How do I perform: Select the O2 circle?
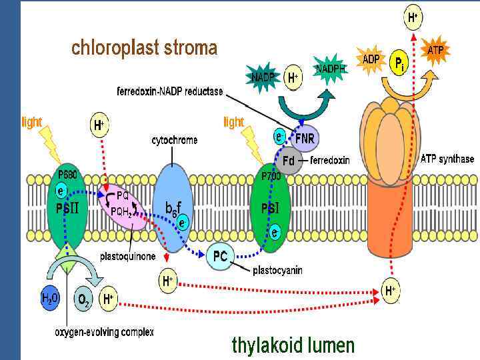tap(84, 301)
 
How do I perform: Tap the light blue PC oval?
tap(221, 255)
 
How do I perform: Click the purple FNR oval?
tap(303, 139)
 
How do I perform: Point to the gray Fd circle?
tap(289, 161)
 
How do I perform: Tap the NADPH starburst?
tap(331, 69)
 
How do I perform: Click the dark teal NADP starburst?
tap(263, 77)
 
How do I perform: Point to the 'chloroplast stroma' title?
tap(144, 48)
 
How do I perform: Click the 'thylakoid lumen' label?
tap(293, 345)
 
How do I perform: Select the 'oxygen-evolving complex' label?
tap(104, 332)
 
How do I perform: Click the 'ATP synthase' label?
tap(447, 159)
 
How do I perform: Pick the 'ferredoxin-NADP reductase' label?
tap(170, 91)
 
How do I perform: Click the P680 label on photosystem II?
tap(67, 175)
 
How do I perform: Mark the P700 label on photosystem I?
tap(270, 175)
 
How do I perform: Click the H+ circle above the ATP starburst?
tap(414, 19)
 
